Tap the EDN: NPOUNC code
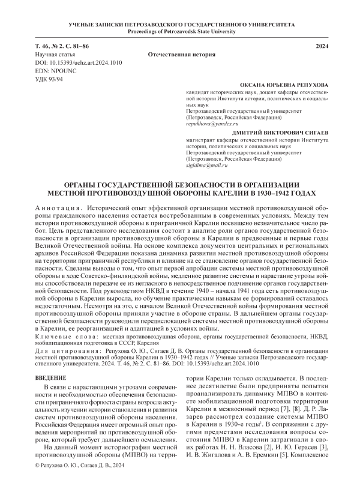tap(54, 71)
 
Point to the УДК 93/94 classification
tap(49, 79)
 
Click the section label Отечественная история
tap(181, 54)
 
